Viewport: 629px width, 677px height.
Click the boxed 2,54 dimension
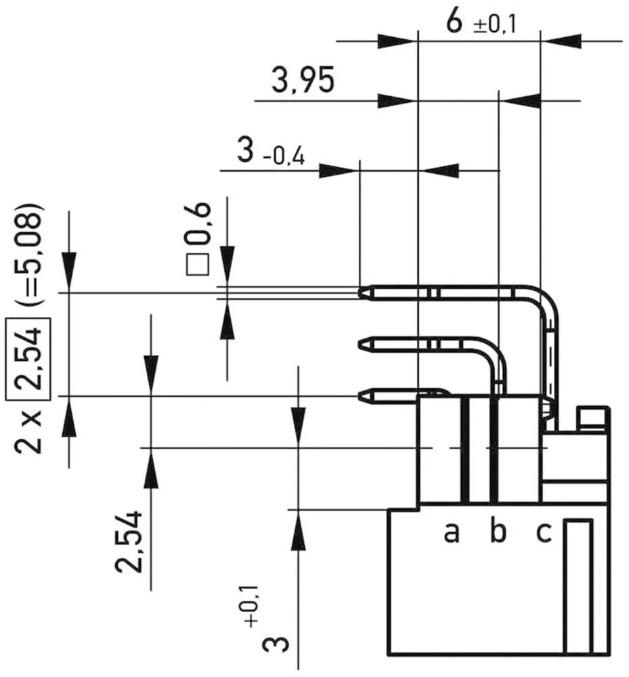[x=28, y=355]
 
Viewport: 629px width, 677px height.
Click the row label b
[x=498, y=533]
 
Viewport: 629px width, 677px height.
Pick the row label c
[x=544, y=533]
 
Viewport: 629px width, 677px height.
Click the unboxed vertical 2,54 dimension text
[x=129, y=542]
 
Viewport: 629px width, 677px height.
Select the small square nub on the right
[x=592, y=417]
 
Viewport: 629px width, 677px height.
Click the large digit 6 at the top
[x=455, y=22]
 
